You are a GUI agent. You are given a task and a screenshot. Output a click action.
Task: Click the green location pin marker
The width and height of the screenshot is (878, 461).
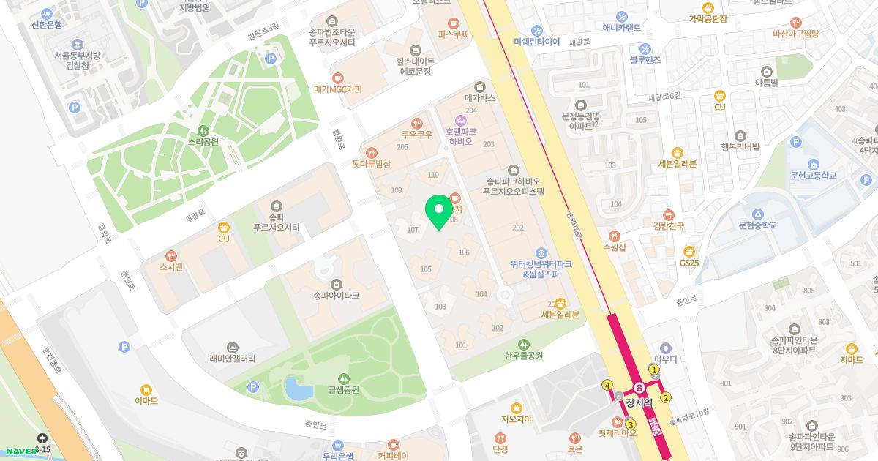439,211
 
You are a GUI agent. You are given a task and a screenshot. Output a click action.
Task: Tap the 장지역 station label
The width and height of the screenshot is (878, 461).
639,402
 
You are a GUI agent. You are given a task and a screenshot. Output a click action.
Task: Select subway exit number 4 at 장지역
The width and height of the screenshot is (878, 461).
607,385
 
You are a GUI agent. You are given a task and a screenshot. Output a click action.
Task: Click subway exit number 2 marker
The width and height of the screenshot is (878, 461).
665,398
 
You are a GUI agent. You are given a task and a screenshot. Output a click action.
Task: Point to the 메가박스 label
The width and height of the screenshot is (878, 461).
480,97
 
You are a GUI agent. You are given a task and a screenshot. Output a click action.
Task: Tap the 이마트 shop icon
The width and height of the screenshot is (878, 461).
146,389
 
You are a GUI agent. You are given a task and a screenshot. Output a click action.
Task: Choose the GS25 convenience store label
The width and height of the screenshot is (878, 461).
689,262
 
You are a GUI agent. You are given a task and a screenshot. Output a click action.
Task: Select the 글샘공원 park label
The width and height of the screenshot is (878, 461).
343,389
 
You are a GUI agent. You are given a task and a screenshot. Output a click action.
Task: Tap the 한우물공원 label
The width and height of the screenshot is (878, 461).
523,356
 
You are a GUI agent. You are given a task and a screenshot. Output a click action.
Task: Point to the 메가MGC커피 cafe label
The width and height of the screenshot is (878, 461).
337,89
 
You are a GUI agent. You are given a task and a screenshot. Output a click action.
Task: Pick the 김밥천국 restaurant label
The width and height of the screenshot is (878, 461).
668,226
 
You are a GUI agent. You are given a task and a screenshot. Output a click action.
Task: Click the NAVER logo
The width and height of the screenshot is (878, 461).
20,451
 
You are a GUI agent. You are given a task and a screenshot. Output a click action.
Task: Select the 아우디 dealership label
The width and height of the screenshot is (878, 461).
665,359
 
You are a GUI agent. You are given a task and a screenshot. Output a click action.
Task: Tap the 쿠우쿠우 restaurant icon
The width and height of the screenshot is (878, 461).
416,123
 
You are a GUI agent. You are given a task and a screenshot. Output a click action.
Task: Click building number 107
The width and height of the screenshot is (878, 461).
413,230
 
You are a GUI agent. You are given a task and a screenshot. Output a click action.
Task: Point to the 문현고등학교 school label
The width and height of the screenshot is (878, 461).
812,176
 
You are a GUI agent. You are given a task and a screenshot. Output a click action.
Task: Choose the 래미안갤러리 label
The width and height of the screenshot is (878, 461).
232,359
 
